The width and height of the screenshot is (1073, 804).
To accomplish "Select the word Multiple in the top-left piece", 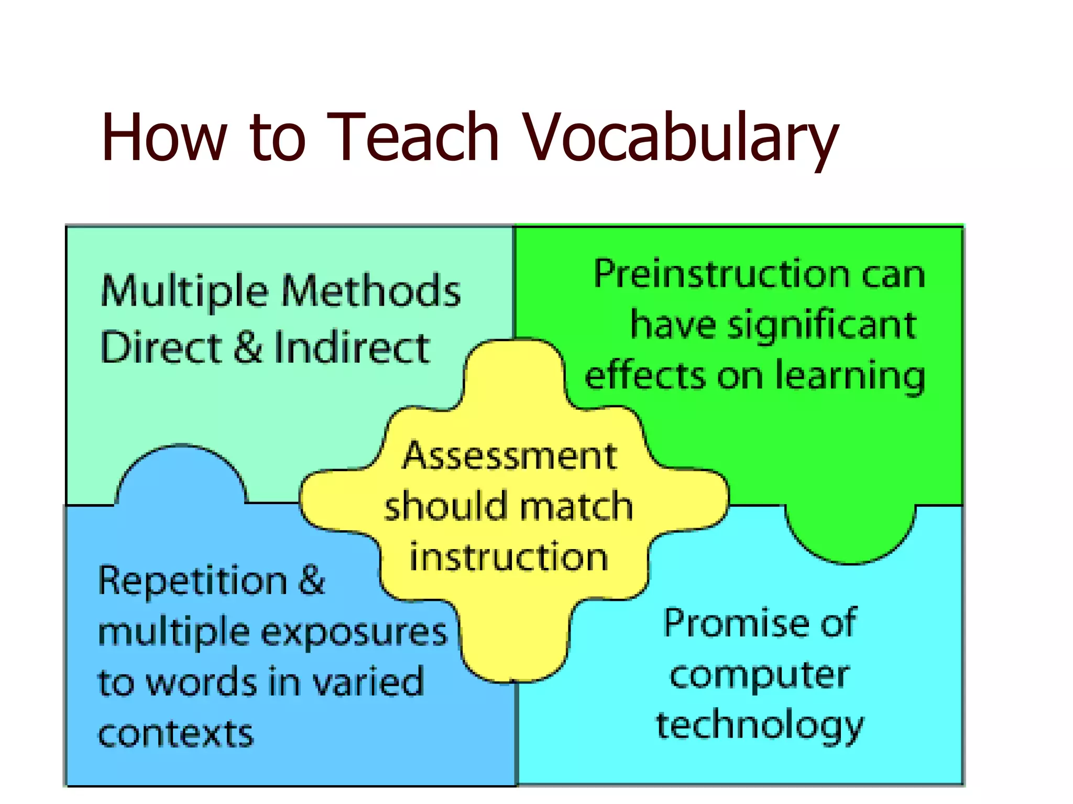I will (x=184, y=292).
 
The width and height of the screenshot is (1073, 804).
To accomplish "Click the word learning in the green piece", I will (x=850, y=376).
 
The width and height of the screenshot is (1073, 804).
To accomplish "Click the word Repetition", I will (x=193, y=581).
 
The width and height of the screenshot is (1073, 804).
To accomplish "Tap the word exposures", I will (x=354, y=632).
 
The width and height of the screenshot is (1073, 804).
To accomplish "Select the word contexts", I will (x=176, y=733).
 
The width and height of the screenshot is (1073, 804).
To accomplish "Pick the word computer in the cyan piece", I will (x=759, y=675).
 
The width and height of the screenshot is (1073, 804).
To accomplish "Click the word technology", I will (x=760, y=726).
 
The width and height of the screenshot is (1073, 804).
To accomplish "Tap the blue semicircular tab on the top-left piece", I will (x=181, y=476).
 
